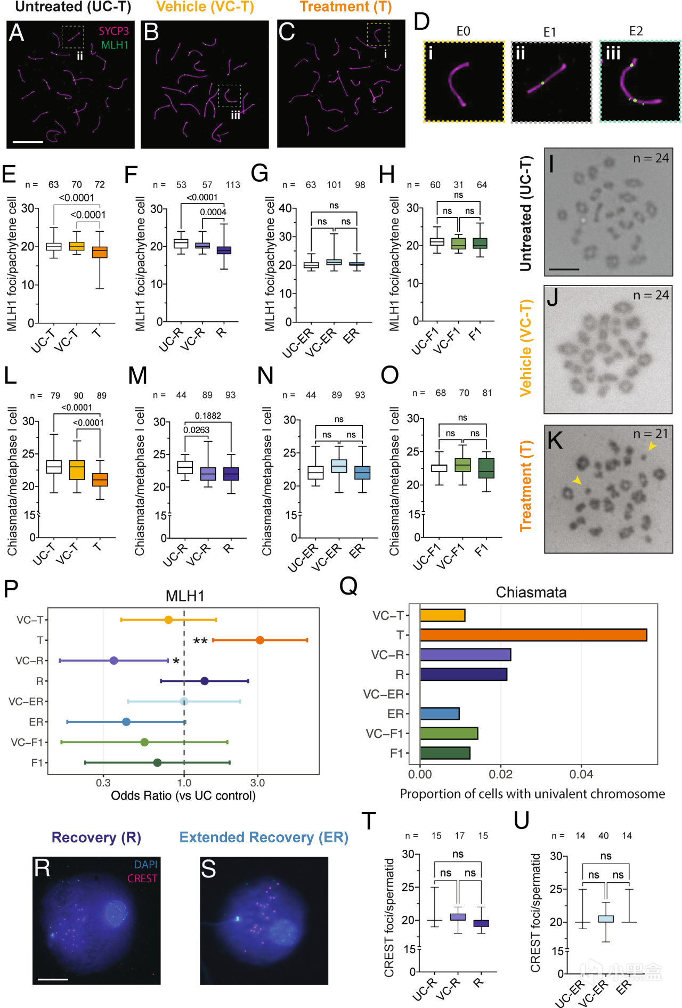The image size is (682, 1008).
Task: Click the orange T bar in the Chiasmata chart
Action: coord(533,635)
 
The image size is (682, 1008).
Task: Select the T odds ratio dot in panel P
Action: coord(259,640)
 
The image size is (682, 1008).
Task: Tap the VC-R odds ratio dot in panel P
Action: coord(113,661)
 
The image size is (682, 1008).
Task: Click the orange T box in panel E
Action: coord(100,252)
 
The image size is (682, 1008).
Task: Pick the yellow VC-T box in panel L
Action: coord(77,470)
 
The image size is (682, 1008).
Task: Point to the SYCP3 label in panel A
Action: coord(113,31)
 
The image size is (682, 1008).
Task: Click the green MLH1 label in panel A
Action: coord(115,45)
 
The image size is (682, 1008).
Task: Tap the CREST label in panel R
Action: coord(142,879)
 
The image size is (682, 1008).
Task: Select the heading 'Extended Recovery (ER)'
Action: coord(264,838)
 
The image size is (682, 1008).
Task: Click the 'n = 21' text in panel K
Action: coord(651,434)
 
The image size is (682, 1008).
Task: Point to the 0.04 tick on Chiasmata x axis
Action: coord(581,774)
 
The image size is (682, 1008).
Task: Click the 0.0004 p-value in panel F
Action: coord(213,212)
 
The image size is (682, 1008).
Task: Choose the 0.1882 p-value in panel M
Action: coord(208,416)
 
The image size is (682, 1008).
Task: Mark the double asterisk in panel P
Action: coord(200,641)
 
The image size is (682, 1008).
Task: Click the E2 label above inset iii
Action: coord(636,31)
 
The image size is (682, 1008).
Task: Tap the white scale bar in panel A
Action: coord(27,142)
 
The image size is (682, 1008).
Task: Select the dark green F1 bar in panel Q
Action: coord(445,753)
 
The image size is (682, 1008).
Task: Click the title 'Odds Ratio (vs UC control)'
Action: coord(183,795)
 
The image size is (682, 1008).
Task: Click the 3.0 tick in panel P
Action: coord(257,783)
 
